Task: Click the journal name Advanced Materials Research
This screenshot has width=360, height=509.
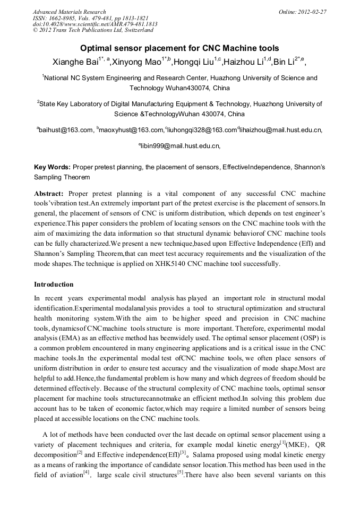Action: [69, 12]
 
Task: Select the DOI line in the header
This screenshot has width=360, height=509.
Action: [95, 24]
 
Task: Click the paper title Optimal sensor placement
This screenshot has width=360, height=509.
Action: [179, 48]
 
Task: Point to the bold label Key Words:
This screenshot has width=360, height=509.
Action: [52, 167]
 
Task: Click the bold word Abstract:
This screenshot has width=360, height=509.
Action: [49, 194]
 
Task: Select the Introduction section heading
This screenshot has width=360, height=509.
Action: [54, 284]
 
